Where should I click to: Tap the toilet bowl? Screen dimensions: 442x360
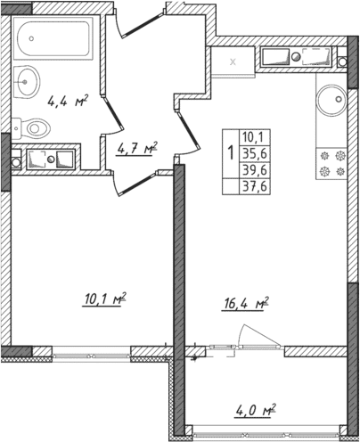tap(37, 127)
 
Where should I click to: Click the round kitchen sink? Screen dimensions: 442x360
tap(332, 97)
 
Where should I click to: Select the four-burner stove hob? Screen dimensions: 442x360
tap(331, 160)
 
